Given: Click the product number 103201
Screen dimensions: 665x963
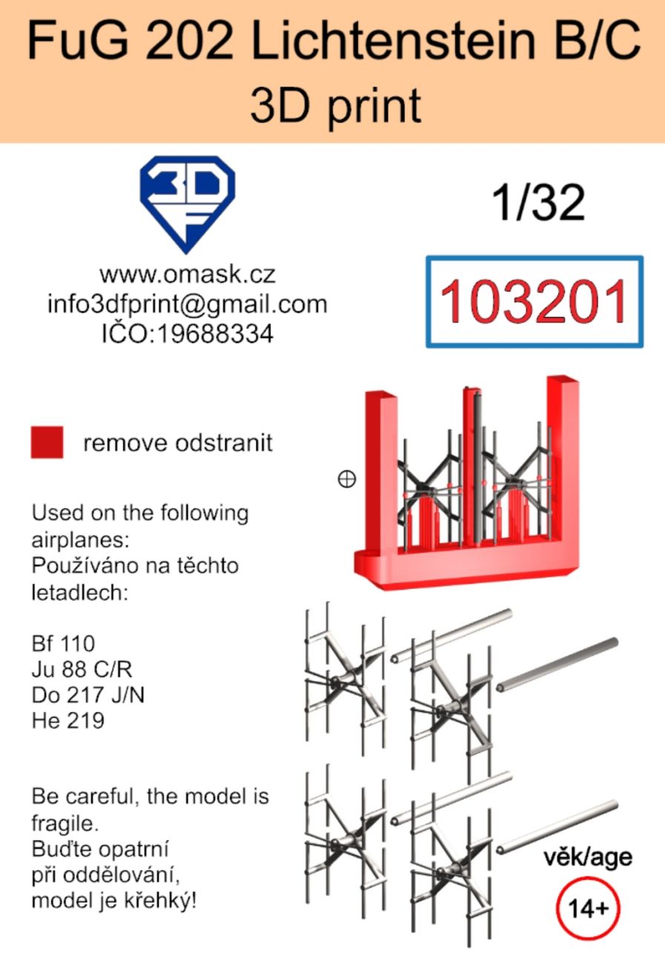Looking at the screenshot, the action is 533,301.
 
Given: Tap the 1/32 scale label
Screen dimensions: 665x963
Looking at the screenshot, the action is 538,202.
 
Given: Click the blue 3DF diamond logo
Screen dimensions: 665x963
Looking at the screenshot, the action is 187,204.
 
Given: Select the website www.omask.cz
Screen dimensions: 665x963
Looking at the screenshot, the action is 187,274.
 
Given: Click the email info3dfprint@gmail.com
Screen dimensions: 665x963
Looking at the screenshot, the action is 187,304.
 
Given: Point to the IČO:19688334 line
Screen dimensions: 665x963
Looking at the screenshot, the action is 187,333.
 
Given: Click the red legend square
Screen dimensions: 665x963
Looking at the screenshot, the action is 47,442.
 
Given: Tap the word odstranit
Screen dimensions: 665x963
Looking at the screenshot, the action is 223,443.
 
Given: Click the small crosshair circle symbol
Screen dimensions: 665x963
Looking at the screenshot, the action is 347,479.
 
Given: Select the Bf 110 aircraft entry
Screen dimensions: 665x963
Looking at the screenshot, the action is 63,644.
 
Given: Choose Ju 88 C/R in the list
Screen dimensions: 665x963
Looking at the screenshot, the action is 82,670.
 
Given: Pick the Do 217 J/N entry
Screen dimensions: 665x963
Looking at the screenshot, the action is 88,695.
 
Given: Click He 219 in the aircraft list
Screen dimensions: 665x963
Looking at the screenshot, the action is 68,721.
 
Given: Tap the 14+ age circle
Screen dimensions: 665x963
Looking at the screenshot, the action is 588,908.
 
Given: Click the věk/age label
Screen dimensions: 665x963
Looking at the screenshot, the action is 588,858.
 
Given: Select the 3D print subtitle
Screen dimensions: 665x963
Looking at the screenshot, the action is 336,106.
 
